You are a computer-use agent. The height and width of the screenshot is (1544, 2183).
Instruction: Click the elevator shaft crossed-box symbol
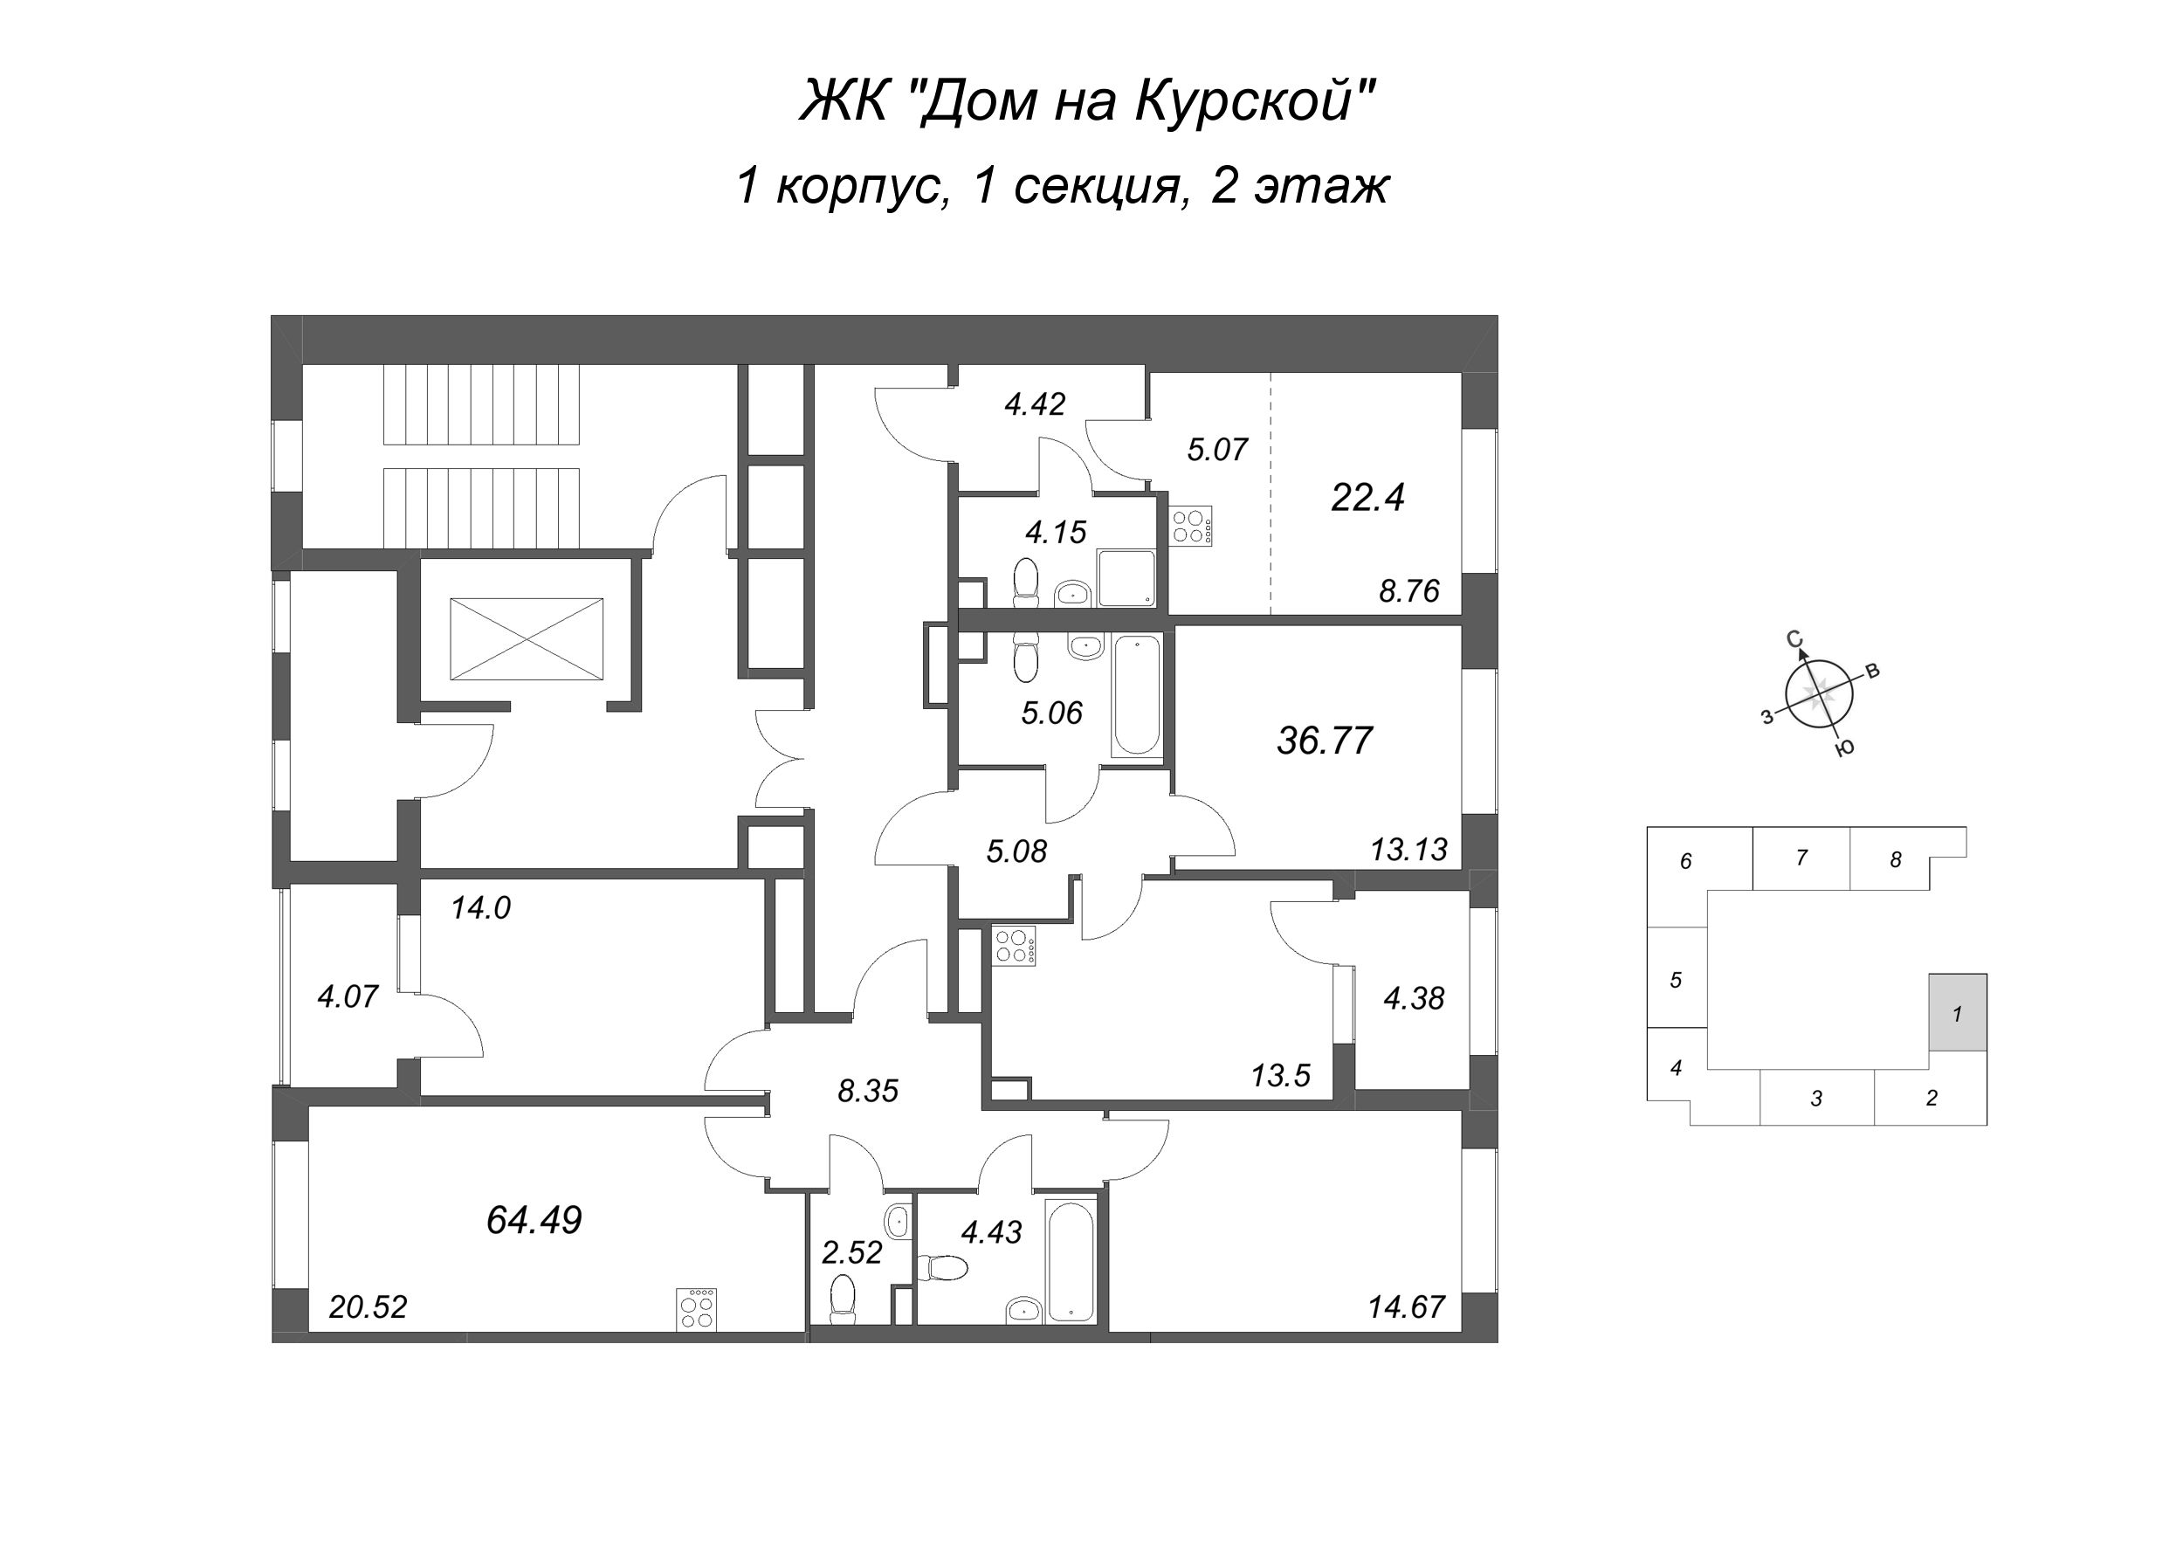pyautogui.click(x=526, y=639)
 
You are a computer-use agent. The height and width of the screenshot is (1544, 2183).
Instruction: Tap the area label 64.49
pyautogui.click(x=534, y=1220)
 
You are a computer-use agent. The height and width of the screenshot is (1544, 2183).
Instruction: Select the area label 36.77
pyautogui.click(x=1325, y=740)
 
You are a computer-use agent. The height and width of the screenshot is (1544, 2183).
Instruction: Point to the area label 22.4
pyautogui.click(x=1367, y=497)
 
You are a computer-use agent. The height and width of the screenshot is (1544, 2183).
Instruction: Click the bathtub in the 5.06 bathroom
pyautogui.click(x=1135, y=696)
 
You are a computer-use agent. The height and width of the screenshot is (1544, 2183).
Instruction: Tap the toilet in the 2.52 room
pyautogui.click(x=842, y=1298)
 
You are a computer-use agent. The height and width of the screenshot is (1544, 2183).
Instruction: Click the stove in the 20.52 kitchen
pyautogui.click(x=696, y=1308)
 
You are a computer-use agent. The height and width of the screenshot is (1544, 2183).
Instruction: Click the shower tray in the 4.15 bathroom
pyautogui.click(x=1126, y=577)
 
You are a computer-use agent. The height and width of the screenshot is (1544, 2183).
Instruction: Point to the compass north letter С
pyautogui.click(x=1794, y=640)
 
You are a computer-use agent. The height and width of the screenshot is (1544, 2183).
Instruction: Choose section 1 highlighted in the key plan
pyautogui.click(x=1958, y=1011)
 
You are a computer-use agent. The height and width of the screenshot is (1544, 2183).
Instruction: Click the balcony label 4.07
pyautogui.click(x=348, y=996)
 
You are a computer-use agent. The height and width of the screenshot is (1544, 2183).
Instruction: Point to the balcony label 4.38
pyautogui.click(x=1414, y=998)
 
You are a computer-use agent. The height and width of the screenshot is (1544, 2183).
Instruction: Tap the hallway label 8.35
pyautogui.click(x=867, y=1092)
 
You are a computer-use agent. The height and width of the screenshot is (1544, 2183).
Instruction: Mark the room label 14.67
pyautogui.click(x=1406, y=1307)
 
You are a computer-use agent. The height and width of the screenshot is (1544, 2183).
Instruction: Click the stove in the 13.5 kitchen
pyautogui.click(x=1015, y=946)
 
